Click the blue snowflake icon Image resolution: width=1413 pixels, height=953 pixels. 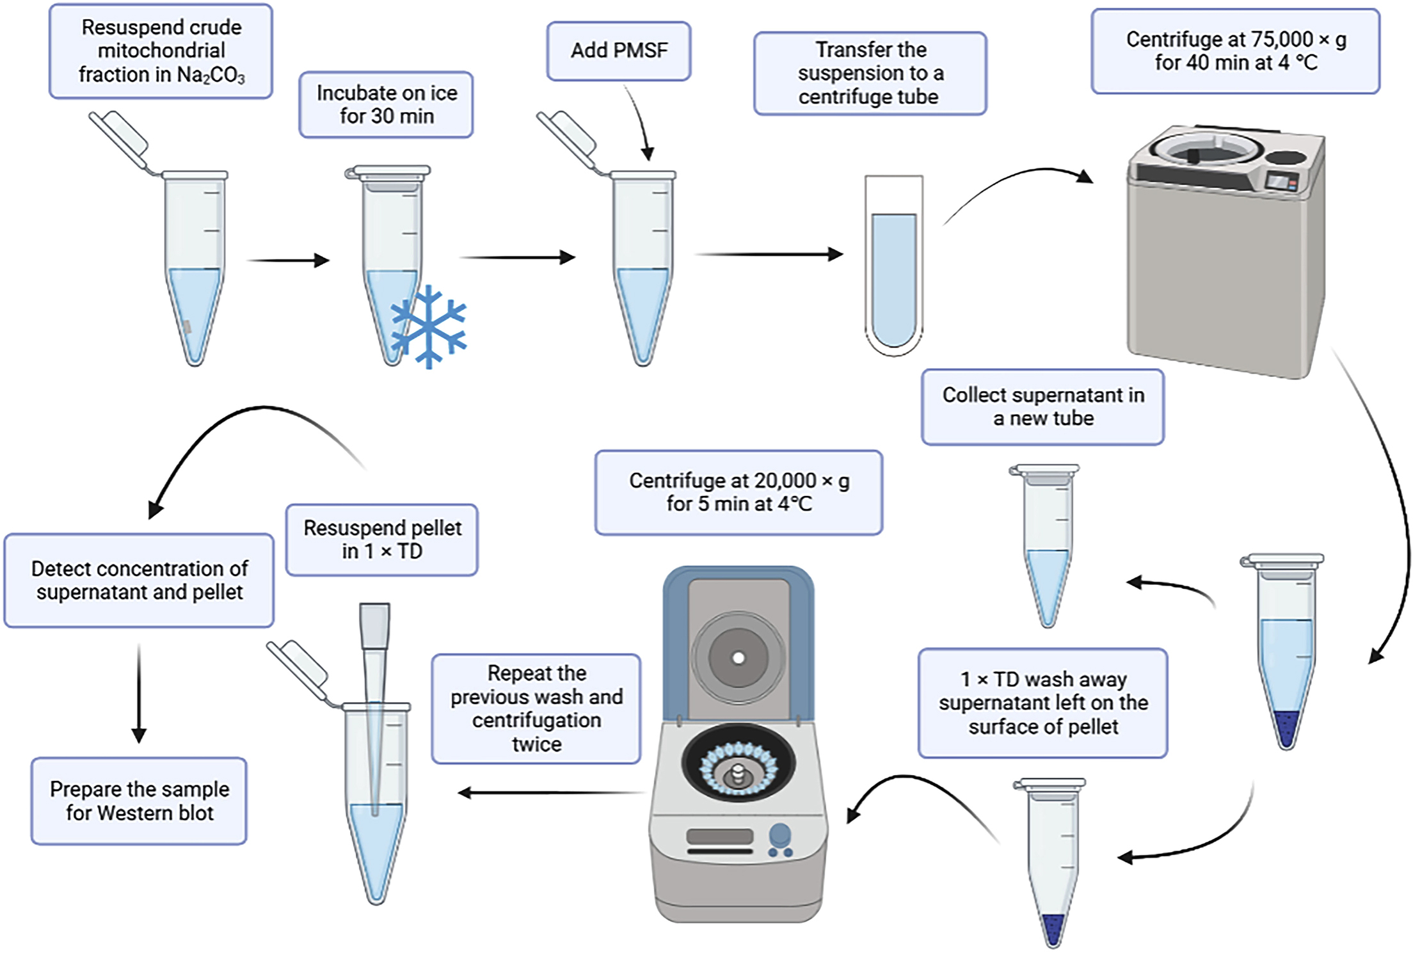point(429,327)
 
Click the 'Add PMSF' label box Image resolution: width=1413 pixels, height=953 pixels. point(618,51)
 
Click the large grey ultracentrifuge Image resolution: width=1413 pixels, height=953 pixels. point(1225,256)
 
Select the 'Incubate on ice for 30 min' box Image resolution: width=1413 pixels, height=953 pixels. point(386,104)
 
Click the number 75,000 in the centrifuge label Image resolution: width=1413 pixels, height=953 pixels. point(1282,40)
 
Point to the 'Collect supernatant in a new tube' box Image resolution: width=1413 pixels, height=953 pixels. point(1042,407)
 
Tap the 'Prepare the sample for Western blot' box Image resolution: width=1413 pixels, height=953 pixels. point(139,801)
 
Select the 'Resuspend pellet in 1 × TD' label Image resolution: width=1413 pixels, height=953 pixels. point(381,540)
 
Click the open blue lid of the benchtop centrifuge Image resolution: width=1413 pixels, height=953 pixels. point(738,640)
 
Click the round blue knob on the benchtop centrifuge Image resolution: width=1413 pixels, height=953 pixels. point(779,835)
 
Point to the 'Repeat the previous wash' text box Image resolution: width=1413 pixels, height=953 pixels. point(536,709)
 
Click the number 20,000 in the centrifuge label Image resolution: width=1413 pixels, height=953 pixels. point(786,481)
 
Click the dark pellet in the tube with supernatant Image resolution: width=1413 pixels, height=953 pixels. point(1286,726)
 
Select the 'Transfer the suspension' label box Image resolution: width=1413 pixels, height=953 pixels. point(870,74)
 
